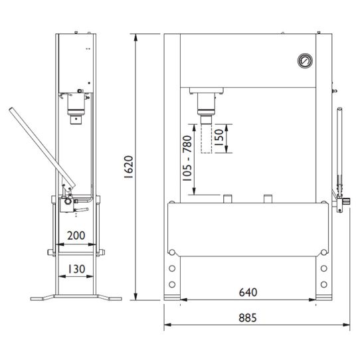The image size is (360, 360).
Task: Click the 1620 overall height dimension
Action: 130,169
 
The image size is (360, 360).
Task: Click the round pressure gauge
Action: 304,60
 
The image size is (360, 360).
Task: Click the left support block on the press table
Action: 227,198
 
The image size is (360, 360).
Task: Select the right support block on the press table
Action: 268,198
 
